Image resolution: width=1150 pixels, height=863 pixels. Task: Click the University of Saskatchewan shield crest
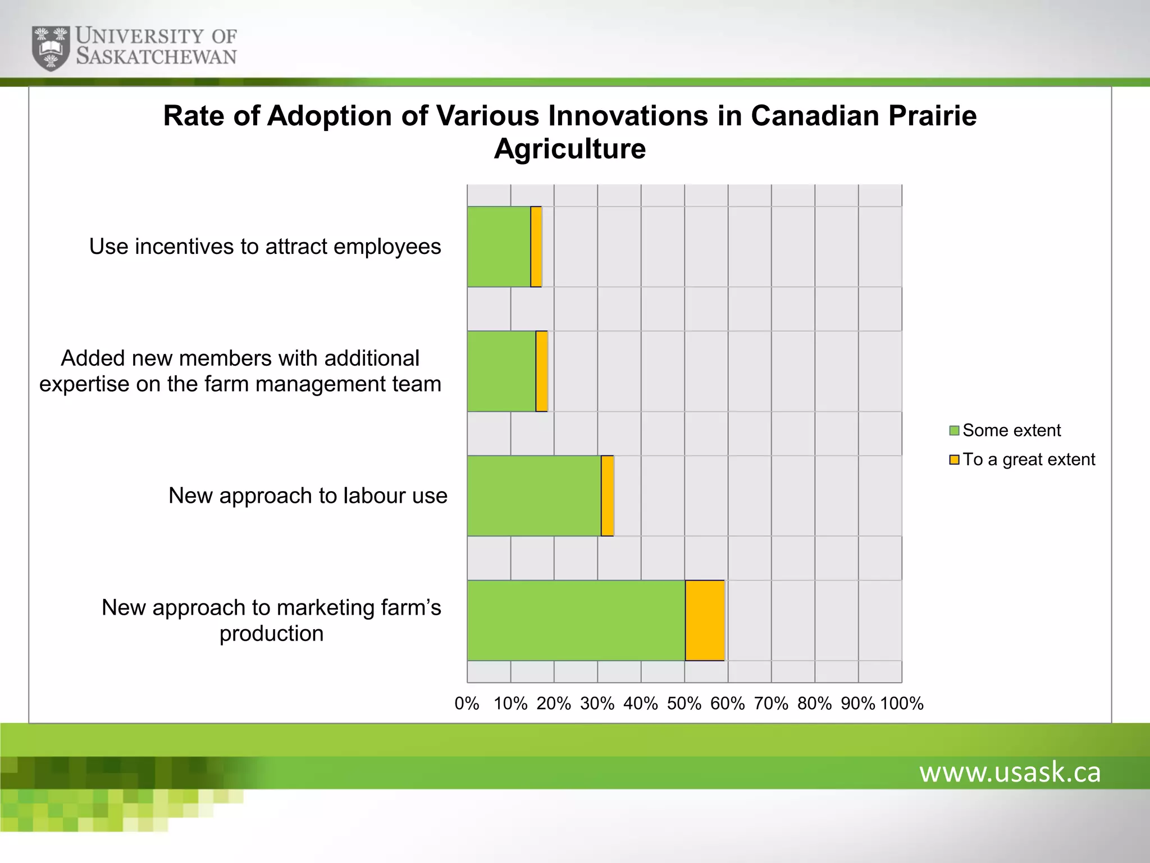click(51, 48)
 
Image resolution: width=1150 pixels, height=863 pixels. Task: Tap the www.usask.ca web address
click(1010, 772)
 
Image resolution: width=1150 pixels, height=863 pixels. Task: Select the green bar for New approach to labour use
click(533, 496)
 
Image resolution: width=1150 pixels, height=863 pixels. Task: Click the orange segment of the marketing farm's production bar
click(705, 620)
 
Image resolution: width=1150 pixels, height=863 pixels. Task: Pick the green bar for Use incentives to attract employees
click(499, 247)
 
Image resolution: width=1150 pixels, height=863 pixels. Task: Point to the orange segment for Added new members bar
click(541, 371)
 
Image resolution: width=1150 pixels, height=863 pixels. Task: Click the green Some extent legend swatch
click(954, 430)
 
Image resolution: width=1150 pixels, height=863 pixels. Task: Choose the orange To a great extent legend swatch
click(954, 460)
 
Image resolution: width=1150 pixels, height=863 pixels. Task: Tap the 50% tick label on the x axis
click(684, 703)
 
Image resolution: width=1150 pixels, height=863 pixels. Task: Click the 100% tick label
click(902, 703)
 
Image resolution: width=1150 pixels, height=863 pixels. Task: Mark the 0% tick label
click(467, 703)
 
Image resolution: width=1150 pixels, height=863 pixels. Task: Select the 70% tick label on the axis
click(771, 703)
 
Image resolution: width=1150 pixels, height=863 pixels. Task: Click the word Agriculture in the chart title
click(569, 149)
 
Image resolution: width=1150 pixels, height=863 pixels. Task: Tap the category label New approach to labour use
click(308, 496)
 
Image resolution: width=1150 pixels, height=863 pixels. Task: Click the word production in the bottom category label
click(271, 634)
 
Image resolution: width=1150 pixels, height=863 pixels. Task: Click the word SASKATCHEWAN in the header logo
click(156, 57)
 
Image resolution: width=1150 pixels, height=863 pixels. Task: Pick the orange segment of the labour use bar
click(607, 496)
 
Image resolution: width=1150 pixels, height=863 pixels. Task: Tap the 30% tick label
click(597, 703)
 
